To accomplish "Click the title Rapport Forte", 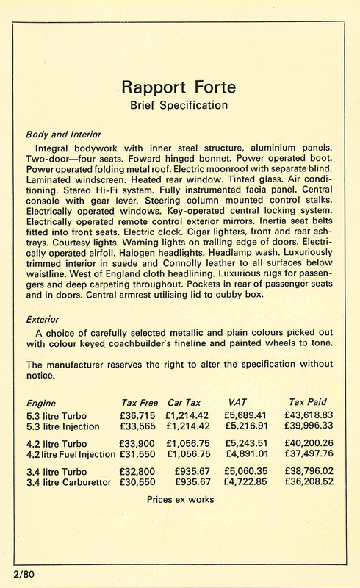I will [180, 90].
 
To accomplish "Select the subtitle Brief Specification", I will [180, 106].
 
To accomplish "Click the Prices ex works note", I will [181, 499].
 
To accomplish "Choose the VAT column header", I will [237, 404].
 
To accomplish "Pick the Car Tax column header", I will [185, 404].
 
